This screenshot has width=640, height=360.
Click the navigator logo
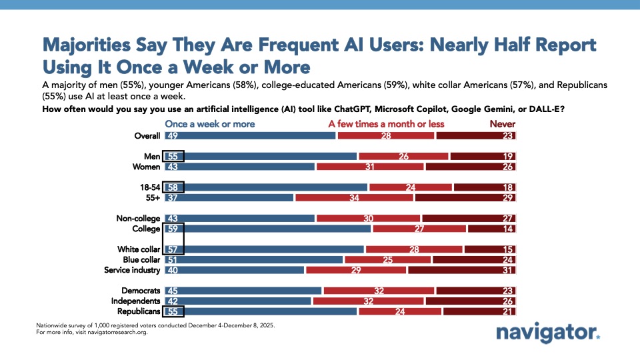click(x=548, y=333)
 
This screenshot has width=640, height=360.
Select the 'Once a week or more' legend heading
click(x=210, y=124)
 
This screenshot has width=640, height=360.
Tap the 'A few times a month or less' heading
click(x=386, y=124)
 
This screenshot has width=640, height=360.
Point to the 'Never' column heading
click(x=503, y=124)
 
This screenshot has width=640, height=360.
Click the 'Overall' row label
click(x=147, y=136)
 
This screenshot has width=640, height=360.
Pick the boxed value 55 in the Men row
click(x=173, y=157)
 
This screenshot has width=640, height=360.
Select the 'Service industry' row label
click(x=132, y=270)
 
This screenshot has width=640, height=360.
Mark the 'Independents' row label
click(x=137, y=301)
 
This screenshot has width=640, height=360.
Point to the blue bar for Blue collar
click(x=260, y=259)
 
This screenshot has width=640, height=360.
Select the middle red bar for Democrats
click(x=379, y=291)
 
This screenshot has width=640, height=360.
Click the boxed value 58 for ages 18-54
click(x=173, y=187)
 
